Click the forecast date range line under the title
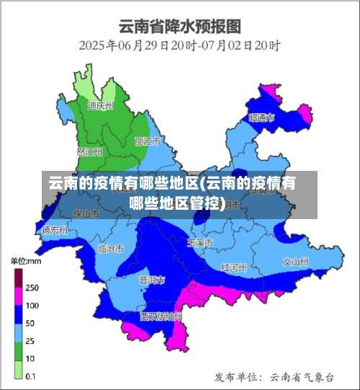click(179, 45)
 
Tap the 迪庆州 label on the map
click(100, 105)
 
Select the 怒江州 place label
click(89, 152)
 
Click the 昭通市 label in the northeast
click(261, 117)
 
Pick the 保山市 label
click(86, 214)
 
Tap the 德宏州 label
click(55, 231)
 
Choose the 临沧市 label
click(110, 248)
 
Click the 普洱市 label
click(152, 279)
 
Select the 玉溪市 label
click(199, 243)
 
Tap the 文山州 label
click(295, 261)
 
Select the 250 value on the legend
click(32, 287)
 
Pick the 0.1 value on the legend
click(32, 376)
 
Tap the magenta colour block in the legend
click(18, 296)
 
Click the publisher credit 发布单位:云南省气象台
click(274, 376)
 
